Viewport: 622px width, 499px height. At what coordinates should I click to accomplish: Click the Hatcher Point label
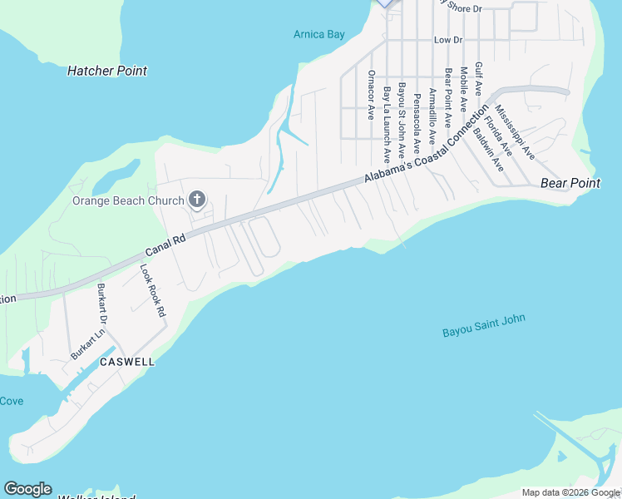pos(106,71)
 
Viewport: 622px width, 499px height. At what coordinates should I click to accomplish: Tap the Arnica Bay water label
pos(318,34)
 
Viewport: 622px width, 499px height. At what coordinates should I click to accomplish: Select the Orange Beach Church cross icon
pos(197,199)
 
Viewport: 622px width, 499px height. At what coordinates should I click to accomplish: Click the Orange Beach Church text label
pos(128,200)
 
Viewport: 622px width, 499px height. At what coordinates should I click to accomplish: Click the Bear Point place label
pos(570,183)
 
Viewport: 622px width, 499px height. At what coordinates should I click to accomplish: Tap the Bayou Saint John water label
pos(484,325)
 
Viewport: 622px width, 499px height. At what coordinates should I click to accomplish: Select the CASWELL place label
pos(127,363)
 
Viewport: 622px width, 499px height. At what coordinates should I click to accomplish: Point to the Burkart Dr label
pos(103,304)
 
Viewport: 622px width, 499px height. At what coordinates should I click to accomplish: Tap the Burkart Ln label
pos(87,343)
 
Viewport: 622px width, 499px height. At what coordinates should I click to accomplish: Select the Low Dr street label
pos(447,40)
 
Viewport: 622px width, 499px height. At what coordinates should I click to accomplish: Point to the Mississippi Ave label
pos(515,131)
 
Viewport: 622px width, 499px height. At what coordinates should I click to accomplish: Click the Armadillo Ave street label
pos(432,117)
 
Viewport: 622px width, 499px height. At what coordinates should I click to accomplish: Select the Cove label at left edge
pos(12,401)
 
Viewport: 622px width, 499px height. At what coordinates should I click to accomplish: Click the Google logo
pos(27,489)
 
